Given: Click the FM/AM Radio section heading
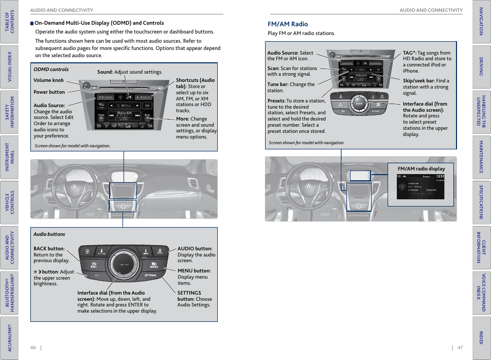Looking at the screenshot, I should (288, 24).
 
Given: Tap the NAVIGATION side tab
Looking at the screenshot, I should (481, 21).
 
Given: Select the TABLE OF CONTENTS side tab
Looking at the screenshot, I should (9, 21).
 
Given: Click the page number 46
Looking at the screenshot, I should (33, 347).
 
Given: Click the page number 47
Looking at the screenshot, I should (460, 347).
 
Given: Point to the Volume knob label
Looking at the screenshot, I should (48, 80).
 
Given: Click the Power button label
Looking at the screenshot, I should (49, 92).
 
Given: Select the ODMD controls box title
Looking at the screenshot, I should (51, 70).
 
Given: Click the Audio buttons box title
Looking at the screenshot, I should (49, 234).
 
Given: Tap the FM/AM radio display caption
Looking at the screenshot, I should (421, 168).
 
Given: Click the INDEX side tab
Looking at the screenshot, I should (481, 337).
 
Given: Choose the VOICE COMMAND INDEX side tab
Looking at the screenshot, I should (481, 292).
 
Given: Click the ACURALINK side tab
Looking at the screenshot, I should (9, 337).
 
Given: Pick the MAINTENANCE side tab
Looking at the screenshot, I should (481, 157).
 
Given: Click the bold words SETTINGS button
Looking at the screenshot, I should (189, 296).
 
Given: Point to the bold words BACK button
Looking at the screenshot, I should (49, 249).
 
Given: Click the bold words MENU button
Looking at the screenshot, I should (194, 271).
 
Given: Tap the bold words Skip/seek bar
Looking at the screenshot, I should (418, 81).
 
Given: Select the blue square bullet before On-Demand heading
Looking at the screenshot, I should (32, 23).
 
